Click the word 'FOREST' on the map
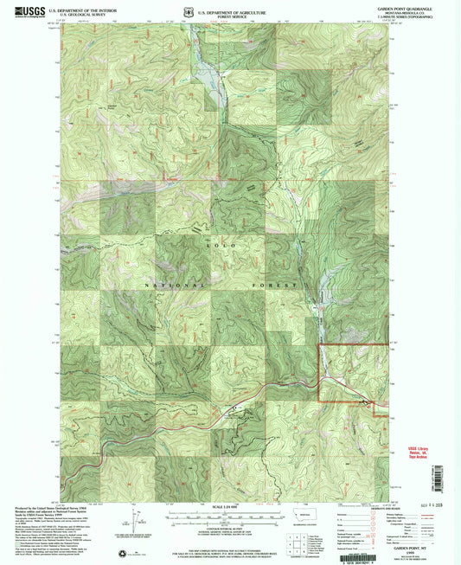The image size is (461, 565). [x=286, y=284]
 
